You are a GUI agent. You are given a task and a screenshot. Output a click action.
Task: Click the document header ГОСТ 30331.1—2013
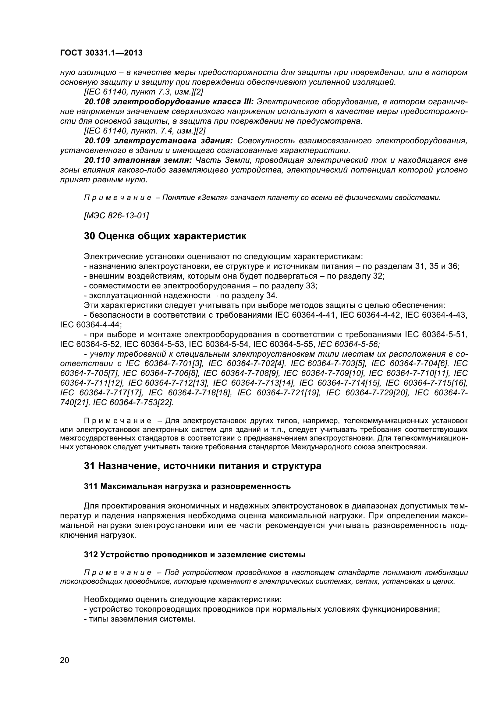(x=101, y=53)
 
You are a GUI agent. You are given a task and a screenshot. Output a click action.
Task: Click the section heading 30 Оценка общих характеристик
(x=165, y=236)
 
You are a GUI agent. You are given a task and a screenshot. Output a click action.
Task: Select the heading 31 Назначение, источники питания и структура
(x=203, y=466)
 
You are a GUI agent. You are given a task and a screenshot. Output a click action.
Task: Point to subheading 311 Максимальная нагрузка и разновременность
(x=187, y=486)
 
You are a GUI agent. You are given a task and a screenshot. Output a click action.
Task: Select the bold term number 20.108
(x=97, y=102)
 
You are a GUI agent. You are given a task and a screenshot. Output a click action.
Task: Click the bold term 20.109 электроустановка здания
(x=158, y=141)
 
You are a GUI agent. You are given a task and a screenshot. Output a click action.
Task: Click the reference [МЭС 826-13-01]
(x=116, y=215)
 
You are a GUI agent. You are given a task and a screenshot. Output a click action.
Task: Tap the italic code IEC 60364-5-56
(x=349, y=344)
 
